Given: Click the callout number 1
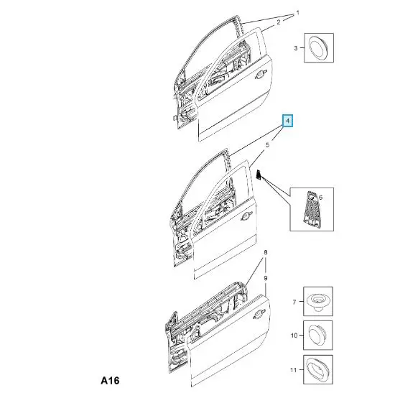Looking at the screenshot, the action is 298,12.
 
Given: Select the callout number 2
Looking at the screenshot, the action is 279,22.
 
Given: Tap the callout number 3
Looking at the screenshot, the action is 296,48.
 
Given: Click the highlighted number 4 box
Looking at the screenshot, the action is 287,121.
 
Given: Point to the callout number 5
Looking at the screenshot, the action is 267,145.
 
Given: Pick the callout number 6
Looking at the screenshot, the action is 321,198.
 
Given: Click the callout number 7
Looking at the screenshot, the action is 294,302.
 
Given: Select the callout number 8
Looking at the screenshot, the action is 266,252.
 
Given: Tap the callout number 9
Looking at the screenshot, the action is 266,278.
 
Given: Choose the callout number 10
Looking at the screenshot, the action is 294,335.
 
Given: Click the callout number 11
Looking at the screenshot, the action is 293,370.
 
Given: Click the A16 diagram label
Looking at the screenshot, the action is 110,380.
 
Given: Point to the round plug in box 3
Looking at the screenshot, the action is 318,47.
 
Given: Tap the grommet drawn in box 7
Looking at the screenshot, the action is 317,302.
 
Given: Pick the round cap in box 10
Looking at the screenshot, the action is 317,335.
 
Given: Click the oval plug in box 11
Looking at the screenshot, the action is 317,370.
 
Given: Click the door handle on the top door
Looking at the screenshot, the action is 261,75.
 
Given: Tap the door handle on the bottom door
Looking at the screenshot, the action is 259,315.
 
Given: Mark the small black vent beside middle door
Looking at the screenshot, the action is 259,175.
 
